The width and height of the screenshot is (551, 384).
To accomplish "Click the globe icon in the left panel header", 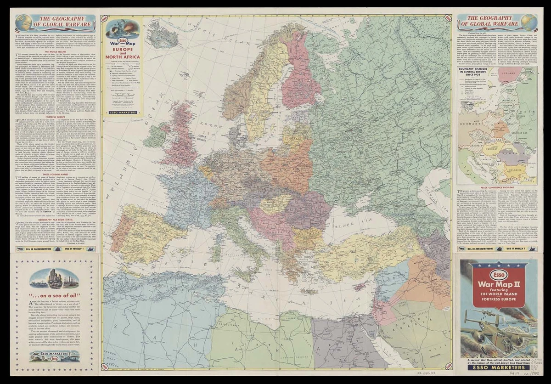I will click(x=22, y=23).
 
